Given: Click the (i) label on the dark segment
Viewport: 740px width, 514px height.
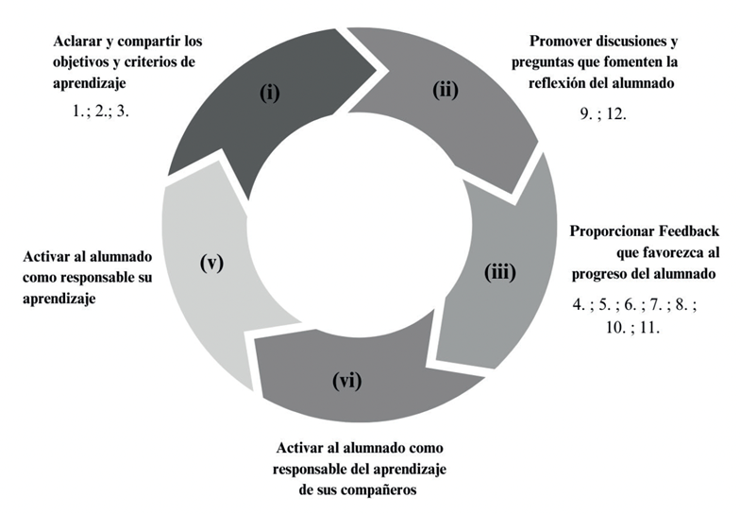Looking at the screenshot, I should coord(271,94).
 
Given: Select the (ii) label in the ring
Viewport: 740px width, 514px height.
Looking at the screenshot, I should coord(446,91).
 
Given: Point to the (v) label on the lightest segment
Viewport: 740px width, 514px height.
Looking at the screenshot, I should coord(211,263).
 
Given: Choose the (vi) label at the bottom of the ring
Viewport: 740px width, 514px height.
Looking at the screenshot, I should coord(346,382).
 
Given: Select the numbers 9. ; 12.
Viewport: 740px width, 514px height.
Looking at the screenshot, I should coord(603,112).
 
